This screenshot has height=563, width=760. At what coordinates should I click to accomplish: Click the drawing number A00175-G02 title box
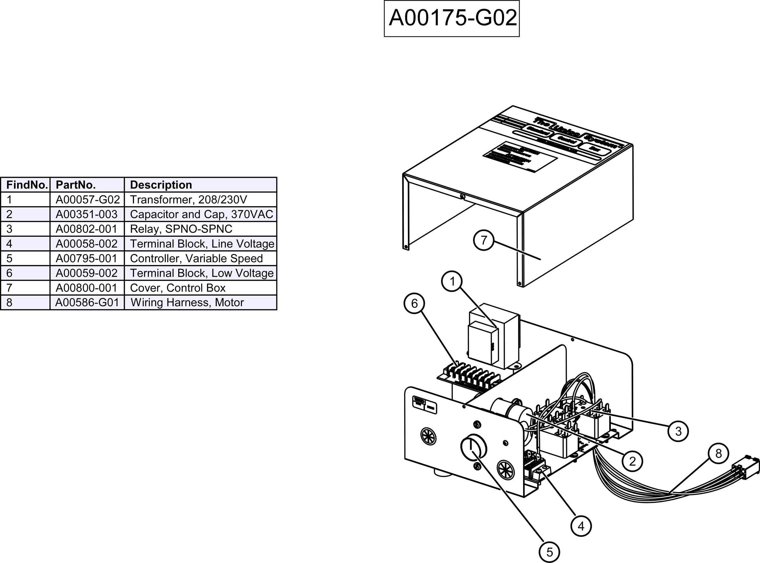pos(452,18)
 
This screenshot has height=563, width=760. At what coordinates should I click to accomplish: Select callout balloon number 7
pos(484,240)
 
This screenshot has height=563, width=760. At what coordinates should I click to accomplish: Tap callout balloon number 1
pos(452,281)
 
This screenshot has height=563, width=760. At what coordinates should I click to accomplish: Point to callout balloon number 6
pos(415,303)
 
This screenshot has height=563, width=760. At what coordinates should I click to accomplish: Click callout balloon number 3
pos(678,431)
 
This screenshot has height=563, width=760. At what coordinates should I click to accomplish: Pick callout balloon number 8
pos(719,454)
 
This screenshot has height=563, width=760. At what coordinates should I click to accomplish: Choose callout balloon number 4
pos(581,526)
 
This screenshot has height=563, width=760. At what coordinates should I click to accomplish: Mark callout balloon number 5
pos(549,552)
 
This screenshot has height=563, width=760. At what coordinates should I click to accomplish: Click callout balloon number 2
pos(632,461)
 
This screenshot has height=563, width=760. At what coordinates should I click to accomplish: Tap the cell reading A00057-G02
pos(87,199)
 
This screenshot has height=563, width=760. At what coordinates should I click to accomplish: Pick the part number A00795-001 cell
pos(87,258)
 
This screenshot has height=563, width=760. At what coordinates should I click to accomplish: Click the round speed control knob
pos(473,447)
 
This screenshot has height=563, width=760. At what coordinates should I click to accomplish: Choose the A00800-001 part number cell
pos(87,288)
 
